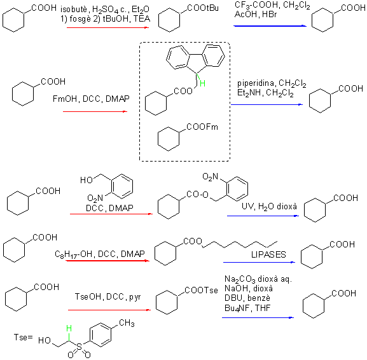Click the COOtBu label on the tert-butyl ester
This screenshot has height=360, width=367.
[x=203, y=8]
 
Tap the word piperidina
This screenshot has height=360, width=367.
[x=256, y=83]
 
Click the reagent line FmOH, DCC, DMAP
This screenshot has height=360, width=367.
[x=91, y=99]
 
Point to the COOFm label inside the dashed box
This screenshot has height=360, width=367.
[x=202, y=127]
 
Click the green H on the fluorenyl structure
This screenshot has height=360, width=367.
[x=202, y=83]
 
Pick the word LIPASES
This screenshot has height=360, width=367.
[x=268, y=254]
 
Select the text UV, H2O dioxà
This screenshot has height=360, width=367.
[x=269, y=207]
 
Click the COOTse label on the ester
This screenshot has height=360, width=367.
[x=201, y=290]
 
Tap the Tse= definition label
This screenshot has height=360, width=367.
[x=23, y=337]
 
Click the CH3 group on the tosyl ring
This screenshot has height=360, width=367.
[x=127, y=323]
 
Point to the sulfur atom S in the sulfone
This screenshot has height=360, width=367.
[x=79, y=347]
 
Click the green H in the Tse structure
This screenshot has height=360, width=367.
[x=69, y=328]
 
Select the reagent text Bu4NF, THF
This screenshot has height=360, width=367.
[x=247, y=308]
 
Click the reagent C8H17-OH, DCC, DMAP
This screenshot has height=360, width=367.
[x=100, y=254]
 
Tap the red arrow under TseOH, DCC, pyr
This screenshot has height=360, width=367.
[x=109, y=310]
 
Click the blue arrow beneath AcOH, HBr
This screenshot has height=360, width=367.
[x=270, y=25]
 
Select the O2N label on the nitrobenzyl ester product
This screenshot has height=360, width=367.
[x=210, y=177]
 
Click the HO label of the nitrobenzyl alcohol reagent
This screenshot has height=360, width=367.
[x=87, y=180]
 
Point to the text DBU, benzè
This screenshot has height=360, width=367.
[x=247, y=298]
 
